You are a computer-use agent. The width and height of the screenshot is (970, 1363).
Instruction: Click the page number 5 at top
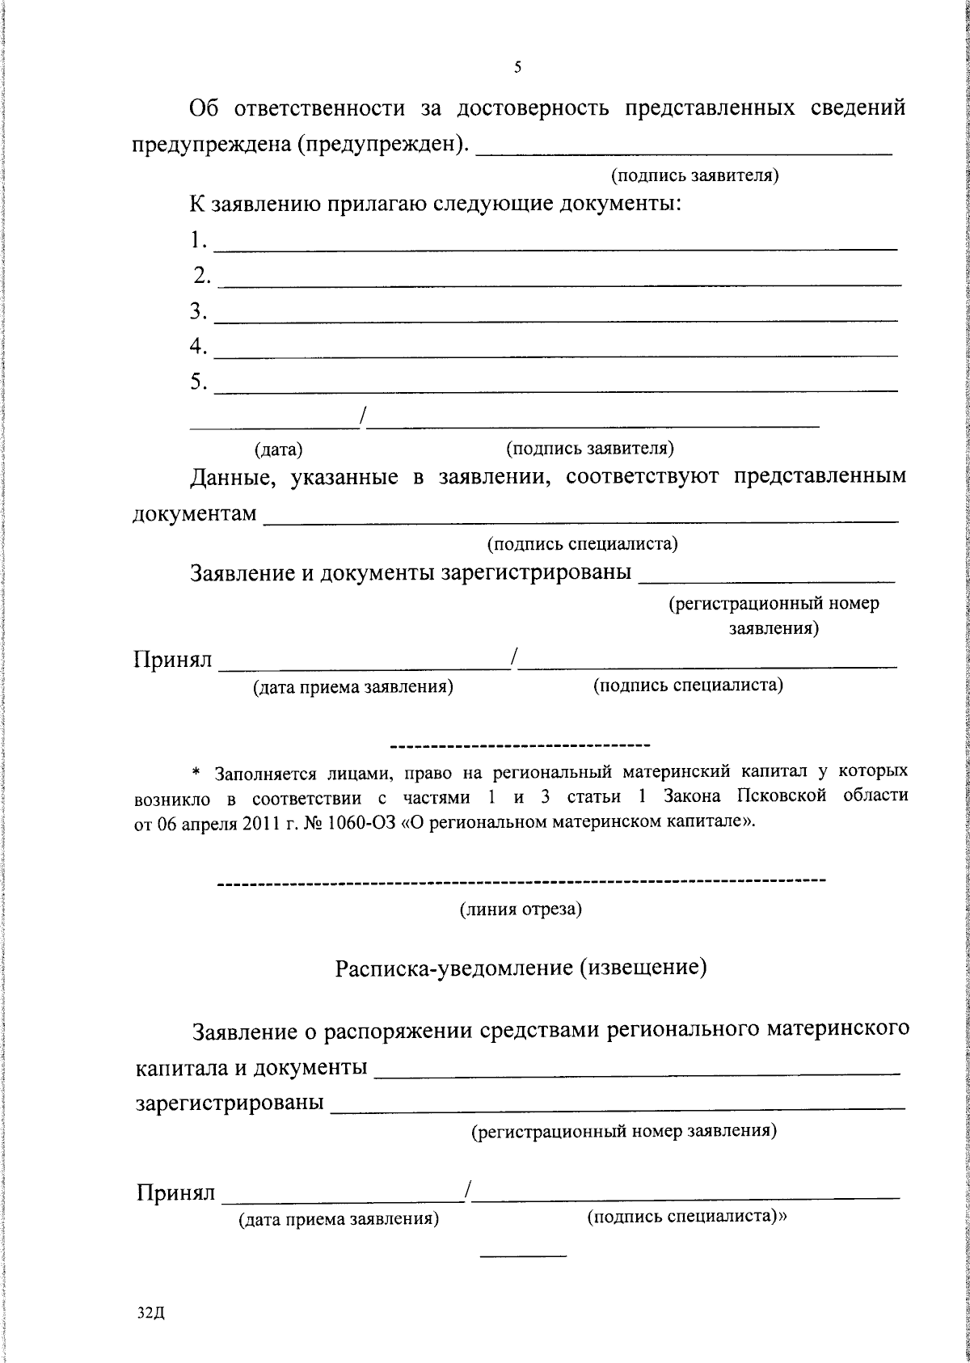(x=517, y=67)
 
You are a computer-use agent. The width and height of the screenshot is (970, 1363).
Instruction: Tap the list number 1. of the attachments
(x=199, y=240)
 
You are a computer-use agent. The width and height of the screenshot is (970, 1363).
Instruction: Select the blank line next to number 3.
(x=558, y=320)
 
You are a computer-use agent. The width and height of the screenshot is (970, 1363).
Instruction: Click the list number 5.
(x=199, y=382)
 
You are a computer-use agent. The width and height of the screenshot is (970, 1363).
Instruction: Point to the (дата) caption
(x=279, y=449)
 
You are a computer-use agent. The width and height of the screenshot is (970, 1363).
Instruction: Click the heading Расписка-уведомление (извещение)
(x=521, y=967)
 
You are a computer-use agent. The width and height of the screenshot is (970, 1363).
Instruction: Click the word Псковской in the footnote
(x=781, y=795)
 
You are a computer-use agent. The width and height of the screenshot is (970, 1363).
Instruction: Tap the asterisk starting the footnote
(x=205, y=771)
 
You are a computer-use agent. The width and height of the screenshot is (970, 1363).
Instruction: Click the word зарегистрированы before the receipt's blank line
(x=230, y=1103)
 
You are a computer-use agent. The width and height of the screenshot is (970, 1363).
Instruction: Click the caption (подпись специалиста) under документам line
(x=582, y=545)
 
